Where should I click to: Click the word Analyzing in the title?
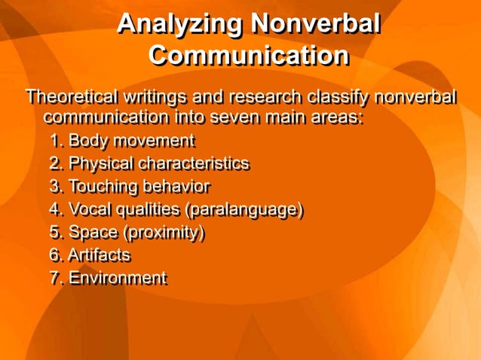coord(180,25)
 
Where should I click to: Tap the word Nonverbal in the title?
coord(315,25)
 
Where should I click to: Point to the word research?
coord(262,98)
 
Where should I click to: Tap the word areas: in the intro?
coord(335,118)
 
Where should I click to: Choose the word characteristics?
coord(193,163)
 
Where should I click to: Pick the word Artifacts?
coord(99,255)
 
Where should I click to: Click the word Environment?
coord(118,279)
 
